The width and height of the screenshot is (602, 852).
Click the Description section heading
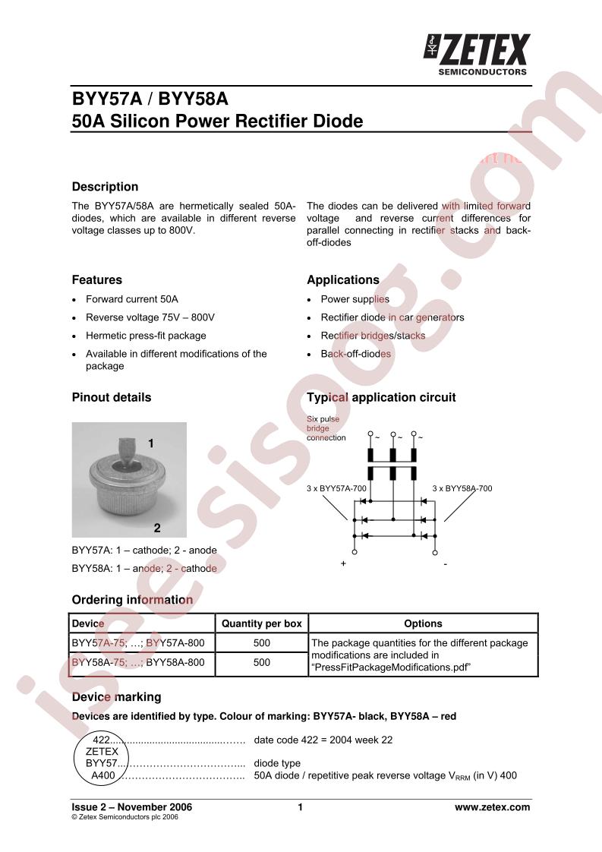coord(105,187)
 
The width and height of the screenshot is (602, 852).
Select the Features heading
coord(96,280)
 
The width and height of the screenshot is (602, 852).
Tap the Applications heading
coord(342,280)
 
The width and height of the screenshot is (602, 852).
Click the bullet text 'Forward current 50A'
coord(131,299)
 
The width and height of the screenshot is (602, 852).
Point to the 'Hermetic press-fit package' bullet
coord(145,336)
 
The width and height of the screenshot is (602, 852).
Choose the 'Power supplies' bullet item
coord(355,299)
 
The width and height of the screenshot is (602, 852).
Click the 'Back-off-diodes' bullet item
coord(355,354)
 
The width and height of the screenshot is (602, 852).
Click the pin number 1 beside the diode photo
coord(151,443)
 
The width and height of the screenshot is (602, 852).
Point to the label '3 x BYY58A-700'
coord(462,488)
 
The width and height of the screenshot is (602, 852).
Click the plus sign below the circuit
coord(343,564)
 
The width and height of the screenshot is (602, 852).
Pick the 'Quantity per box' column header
coord(261,623)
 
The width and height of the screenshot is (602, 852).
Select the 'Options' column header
coord(423,623)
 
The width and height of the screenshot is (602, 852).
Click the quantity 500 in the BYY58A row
coord(261,662)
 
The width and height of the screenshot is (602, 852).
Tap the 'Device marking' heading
coord(116,697)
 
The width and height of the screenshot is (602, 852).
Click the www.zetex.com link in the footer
coord(492,807)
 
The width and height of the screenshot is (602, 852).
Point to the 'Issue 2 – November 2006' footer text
coord(131,807)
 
